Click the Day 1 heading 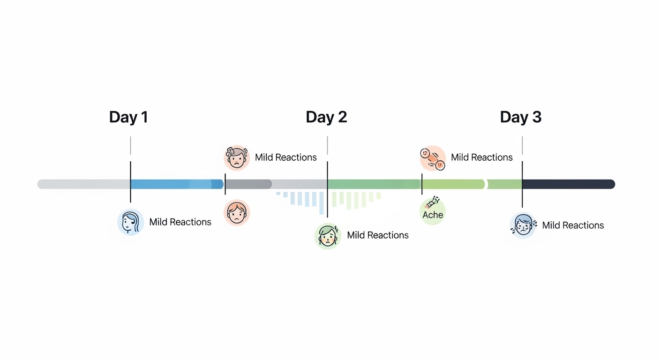pyautogui.click(x=128, y=117)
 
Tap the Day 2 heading pyautogui.click(x=326, y=117)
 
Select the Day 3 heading pyautogui.click(x=520, y=117)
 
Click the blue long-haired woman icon pyautogui.click(x=130, y=222)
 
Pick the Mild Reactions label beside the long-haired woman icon pyautogui.click(x=180, y=222)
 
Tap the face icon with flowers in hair pyautogui.click(x=237, y=157)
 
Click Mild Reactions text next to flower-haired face pyautogui.click(x=285, y=157)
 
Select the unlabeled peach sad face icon pyautogui.click(x=237, y=212)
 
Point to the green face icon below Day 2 pyautogui.click(x=327, y=235)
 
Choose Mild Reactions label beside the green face pyautogui.click(x=377, y=235)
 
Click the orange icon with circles pyautogui.click(x=432, y=158)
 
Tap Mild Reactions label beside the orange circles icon pyautogui.click(x=481, y=157)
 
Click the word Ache pyautogui.click(x=432, y=215)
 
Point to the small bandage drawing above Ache pyautogui.click(x=432, y=202)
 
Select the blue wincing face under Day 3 pyautogui.click(x=523, y=225)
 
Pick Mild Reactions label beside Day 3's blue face pyautogui.click(x=572, y=225)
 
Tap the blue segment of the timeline pyautogui.click(x=176, y=184)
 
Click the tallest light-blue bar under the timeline pyautogui.click(x=322, y=203)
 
